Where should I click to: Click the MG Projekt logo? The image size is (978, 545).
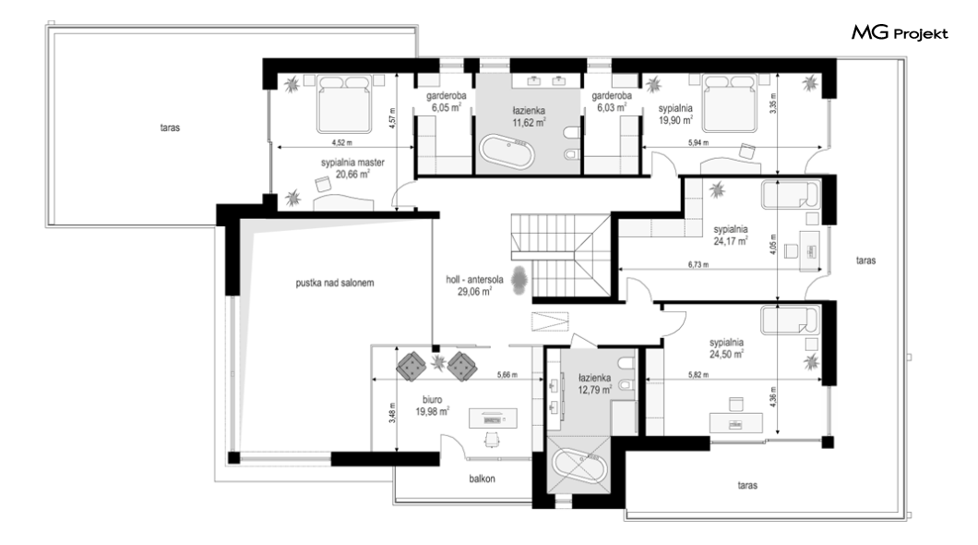tap(900, 33)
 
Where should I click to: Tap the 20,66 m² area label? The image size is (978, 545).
tap(352, 175)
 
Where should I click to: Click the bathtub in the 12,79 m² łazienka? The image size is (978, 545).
tap(579, 466)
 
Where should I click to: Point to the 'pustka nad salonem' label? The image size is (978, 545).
tap(335, 283)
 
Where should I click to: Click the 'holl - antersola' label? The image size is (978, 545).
tap(474, 280)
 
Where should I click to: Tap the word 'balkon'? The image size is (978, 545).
tap(483, 478)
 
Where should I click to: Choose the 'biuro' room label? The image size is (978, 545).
tap(432, 400)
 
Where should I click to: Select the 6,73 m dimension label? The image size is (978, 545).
tap(698, 265)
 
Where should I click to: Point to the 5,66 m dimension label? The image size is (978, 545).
tap(507, 375)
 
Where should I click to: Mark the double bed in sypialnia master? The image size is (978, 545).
tap(344, 104)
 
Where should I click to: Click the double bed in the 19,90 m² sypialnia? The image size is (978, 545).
tap(731, 103)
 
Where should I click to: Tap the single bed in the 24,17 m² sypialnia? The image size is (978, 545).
tap(789, 194)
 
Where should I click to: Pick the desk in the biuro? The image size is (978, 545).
tap(493, 418)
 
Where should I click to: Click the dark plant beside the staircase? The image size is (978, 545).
tap(519, 280)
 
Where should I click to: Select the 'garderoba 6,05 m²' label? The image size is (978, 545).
tap(446, 102)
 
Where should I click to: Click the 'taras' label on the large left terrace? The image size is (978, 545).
tap(170, 127)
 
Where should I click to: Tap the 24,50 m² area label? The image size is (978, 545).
tap(726, 355)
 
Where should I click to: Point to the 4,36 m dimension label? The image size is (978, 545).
tap(773, 397)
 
